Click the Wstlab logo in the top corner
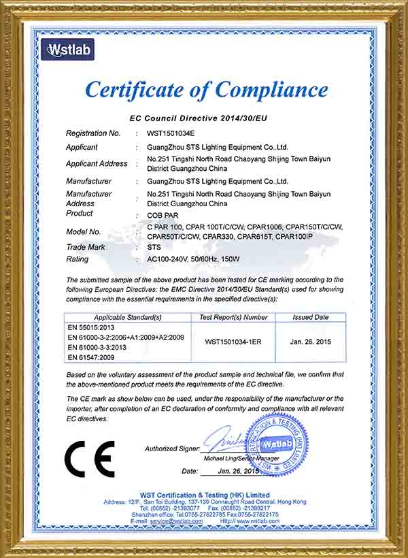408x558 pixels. pos(67,49)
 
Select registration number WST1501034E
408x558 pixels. pos(175,133)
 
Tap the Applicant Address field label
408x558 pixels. pos(97,164)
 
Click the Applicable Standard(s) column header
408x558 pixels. pos(128,317)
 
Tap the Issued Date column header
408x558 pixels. pos(311,317)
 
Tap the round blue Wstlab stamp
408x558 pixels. pos(275,443)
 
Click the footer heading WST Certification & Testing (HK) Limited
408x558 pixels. pos(205,495)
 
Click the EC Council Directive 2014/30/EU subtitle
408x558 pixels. pos(199,118)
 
